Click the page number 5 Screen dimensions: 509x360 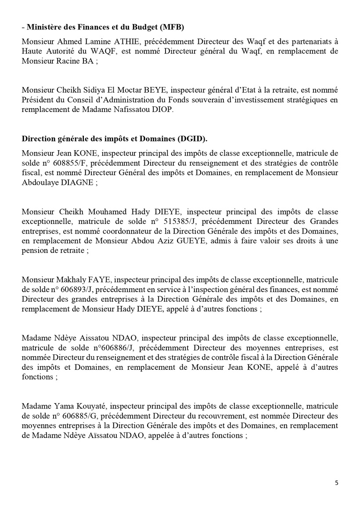pos(337,483)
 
